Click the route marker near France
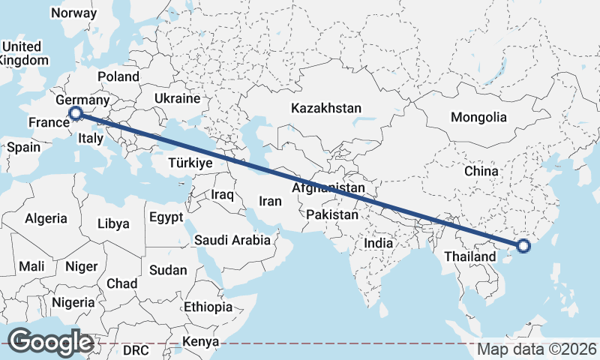75,113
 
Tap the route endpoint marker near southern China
523,245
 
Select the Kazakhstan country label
326,108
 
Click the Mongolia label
478,117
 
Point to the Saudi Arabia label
232,241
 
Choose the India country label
379,243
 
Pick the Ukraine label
177,98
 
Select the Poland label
118,76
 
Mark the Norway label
73,13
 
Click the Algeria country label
46,219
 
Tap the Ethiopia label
208,307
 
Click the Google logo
50,342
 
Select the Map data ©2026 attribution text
537,349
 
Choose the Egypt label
166,217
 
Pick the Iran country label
270,201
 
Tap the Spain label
23,147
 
